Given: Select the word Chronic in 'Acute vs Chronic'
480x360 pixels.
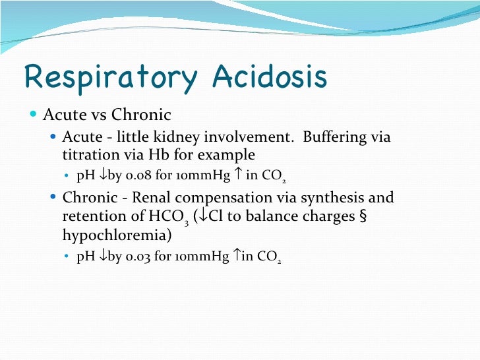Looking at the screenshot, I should point(141,115).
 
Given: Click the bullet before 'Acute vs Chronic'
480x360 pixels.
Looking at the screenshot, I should point(34,115).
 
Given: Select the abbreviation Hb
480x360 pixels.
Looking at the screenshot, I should point(187,155).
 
